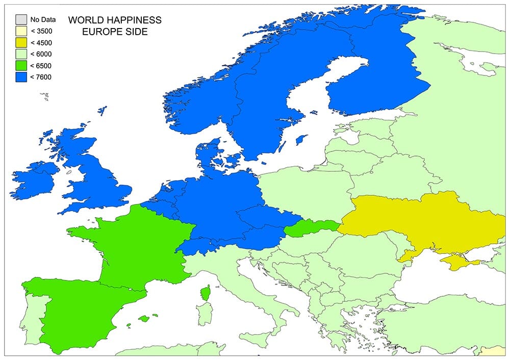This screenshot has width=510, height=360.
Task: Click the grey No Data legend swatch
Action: point(21,20)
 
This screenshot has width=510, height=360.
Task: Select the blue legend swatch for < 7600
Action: point(21,76)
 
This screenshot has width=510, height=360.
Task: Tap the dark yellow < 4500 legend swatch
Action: point(21,42)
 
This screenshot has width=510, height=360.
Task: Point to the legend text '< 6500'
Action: point(41,65)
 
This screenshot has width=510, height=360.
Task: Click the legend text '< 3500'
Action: point(41,31)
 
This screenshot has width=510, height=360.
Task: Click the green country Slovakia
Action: point(311,227)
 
